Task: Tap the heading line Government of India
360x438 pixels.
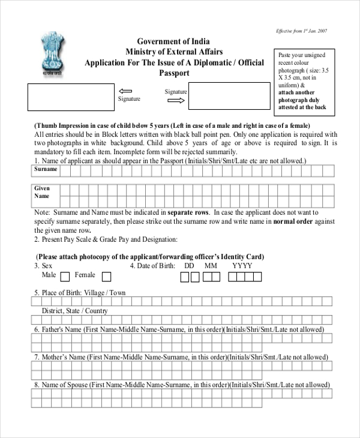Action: coord(173,41)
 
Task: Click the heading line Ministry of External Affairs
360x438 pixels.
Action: coord(173,52)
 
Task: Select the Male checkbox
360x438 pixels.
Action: coord(65,277)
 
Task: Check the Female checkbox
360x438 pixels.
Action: coord(106,277)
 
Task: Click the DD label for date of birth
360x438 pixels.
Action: coord(189,266)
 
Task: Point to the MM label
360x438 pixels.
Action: coord(211,266)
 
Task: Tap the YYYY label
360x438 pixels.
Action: coord(242,266)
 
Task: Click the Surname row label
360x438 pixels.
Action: coord(46,170)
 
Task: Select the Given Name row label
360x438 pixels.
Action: coord(42,192)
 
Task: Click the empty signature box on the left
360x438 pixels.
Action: coord(70,97)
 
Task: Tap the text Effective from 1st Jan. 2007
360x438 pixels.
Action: coord(301,31)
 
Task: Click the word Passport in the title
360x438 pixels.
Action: coord(173,73)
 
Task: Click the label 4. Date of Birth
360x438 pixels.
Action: coord(152,266)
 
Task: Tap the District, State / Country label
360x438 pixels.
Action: coord(74,311)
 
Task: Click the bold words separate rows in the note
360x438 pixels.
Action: coord(188,212)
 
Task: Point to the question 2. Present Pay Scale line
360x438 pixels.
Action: coord(106,239)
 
